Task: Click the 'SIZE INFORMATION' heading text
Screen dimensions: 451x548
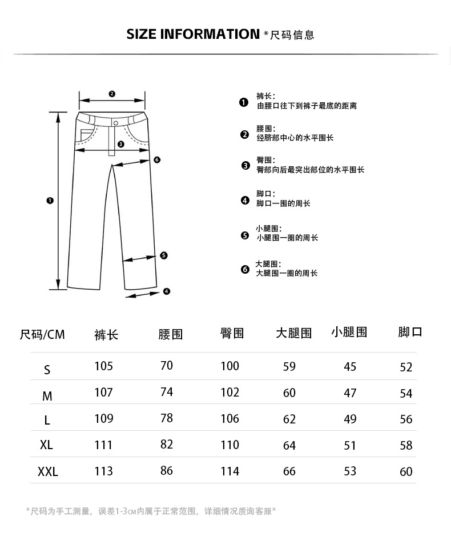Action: point(192,34)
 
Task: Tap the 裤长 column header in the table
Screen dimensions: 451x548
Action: point(106,335)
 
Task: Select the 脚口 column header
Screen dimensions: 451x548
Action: point(410,332)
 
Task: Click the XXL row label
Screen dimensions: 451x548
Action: point(48,473)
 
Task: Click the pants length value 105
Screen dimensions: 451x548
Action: point(103,366)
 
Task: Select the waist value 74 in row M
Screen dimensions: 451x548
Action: point(167,393)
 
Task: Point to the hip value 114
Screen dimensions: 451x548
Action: point(229,471)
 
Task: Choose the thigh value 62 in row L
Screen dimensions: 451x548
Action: point(289,419)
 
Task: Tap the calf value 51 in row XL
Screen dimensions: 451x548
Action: point(350,446)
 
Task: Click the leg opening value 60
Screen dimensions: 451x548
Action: point(406,472)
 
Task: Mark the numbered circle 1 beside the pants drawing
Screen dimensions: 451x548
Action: point(50,201)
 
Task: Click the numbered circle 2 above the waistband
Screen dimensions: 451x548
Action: point(112,94)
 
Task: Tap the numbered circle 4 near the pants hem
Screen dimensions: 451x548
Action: point(167,291)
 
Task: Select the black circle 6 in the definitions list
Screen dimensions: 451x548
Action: point(245,269)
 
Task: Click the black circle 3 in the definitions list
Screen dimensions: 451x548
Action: point(245,166)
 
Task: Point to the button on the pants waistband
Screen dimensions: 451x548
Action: point(116,123)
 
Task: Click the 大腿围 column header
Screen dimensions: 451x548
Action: point(293,333)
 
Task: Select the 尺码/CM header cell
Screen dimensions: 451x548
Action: point(42,335)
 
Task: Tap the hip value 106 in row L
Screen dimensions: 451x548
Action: point(229,419)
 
